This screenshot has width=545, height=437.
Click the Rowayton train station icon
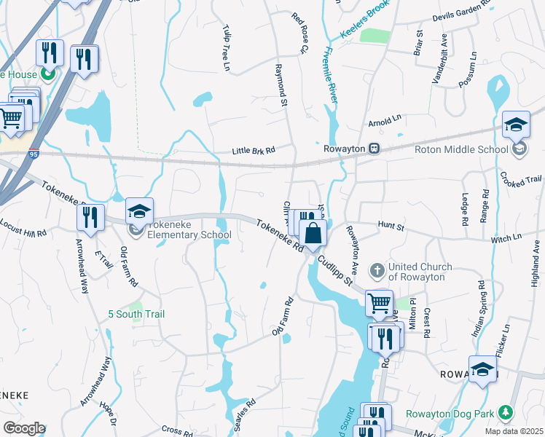[373, 149]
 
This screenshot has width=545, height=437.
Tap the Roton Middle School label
[460, 149]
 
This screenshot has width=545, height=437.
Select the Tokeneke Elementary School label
[189, 230]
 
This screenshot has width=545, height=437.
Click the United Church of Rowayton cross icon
[377, 271]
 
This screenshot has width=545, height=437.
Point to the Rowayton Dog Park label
[460, 414]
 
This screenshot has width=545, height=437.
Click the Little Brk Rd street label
[253, 151]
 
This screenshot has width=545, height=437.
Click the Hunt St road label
[390, 227]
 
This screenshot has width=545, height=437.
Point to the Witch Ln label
[506, 237]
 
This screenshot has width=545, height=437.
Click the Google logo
[24, 428]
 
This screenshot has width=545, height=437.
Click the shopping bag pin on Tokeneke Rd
[313, 235]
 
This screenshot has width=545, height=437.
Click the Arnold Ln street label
[385, 118]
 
